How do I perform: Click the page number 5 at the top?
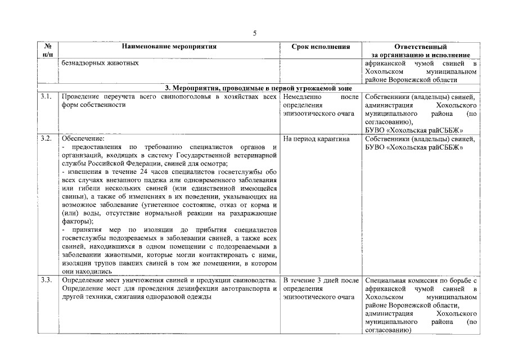point(254,33)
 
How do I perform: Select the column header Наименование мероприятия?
point(169,47)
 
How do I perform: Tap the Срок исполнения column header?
point(321,47)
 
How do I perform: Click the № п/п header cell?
point(48,51)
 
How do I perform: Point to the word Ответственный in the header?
point(421,47)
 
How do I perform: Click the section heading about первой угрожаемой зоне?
point(258,88)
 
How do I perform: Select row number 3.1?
point(47,97)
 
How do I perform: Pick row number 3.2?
point(47,138)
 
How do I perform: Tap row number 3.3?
point(47,280)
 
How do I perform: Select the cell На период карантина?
point(317,138)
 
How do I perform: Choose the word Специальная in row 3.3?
point(387,280)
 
